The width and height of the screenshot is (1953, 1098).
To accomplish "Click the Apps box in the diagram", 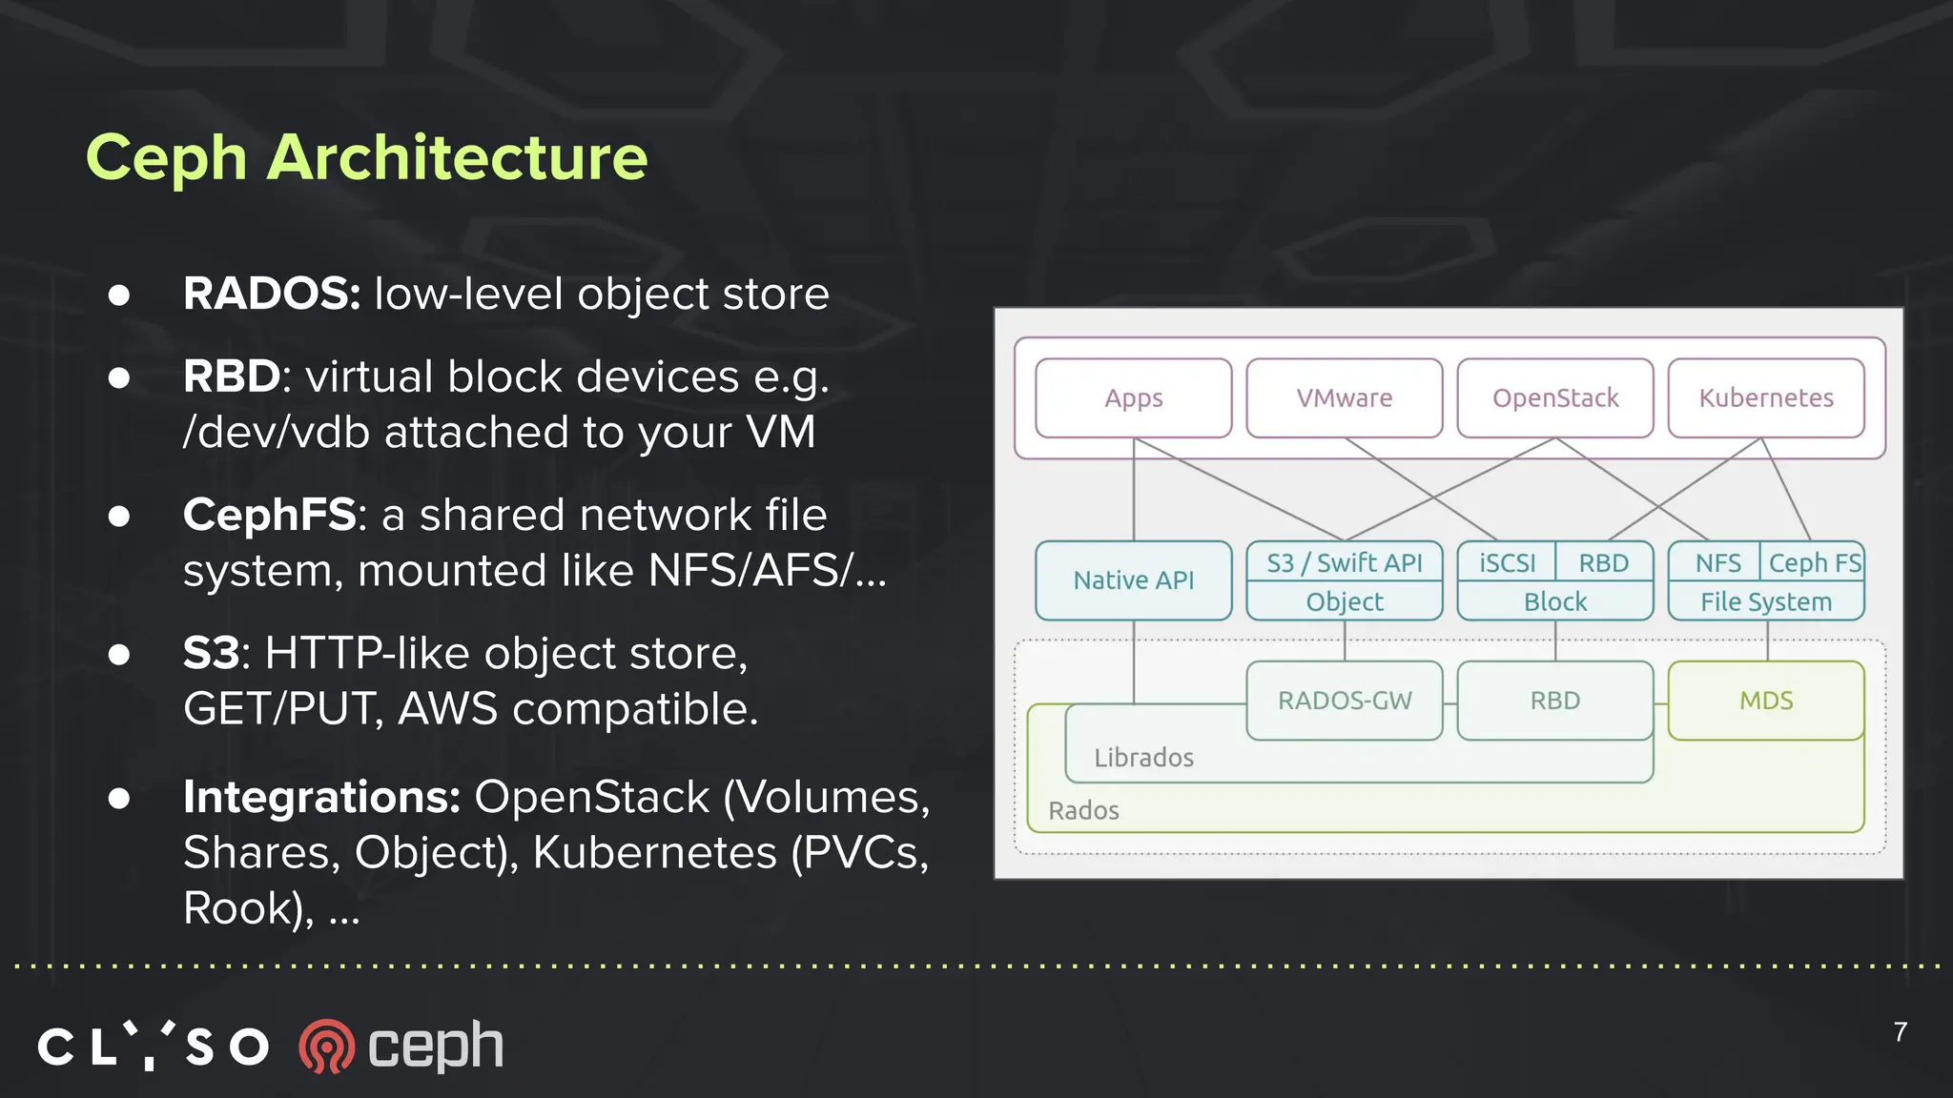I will click(1133, 398).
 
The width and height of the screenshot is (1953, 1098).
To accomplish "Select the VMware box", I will click(1344, 398).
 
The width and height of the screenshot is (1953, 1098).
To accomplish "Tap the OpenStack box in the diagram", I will click(1554, 398).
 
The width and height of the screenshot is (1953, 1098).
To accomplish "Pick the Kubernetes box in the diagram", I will click(1765, 398).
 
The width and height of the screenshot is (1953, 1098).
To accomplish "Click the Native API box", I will click(1133, 580).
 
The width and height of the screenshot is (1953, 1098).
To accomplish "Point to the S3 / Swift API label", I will click(1344, 563).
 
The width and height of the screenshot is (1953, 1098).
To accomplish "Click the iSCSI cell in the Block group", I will click(1507, 563).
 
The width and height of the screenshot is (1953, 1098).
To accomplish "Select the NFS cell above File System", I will click(1717, 563).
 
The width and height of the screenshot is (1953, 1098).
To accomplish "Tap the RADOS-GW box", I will click(1344, 701).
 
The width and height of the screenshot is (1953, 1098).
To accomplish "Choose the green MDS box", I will click(1765, 701).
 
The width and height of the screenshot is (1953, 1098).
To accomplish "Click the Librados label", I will click(1143, 758).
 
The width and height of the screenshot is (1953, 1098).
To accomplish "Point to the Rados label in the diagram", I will click(1083, 811).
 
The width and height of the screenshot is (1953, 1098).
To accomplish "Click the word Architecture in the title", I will click(457, 157).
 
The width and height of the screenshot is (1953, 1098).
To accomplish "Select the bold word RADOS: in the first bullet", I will click(272, 294).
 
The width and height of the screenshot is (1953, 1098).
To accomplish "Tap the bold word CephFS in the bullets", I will click(270, 515).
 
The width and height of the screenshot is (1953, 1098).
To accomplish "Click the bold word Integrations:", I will click(321, 797).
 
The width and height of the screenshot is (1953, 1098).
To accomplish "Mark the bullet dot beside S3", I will click(119, 654).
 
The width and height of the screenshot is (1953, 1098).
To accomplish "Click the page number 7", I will click(1900, 1032).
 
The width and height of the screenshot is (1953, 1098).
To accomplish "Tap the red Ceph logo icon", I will click(326, 1047).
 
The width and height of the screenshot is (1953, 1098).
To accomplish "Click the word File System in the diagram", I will click(1765, 602).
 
